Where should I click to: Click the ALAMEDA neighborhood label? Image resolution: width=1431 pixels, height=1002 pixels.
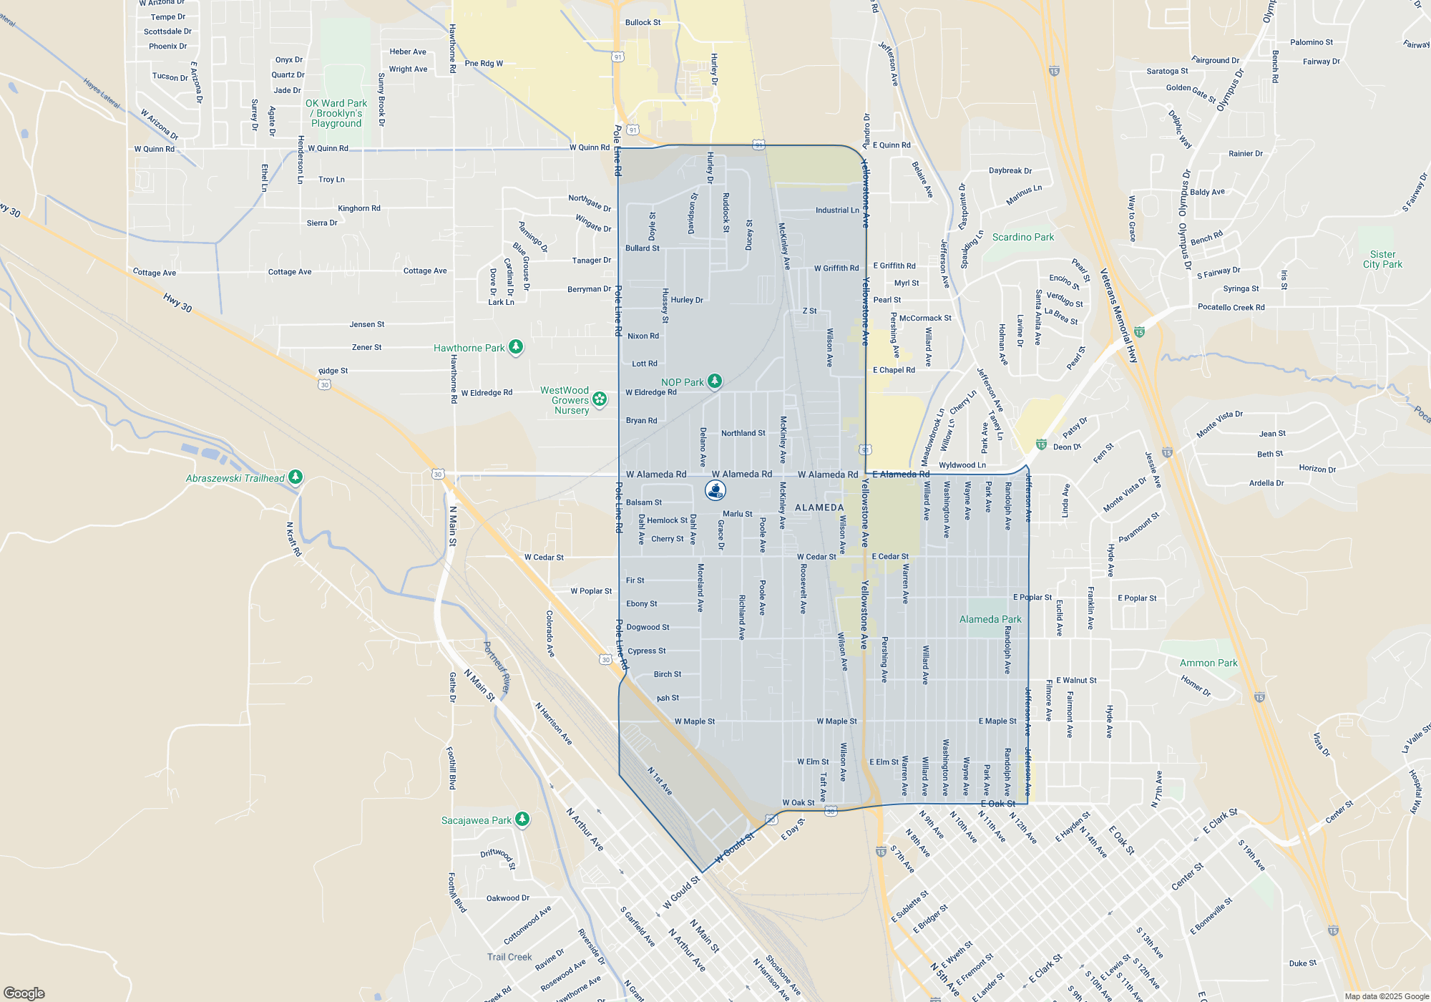[819, 507]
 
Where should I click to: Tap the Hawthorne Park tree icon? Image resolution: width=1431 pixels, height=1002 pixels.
[515, 347]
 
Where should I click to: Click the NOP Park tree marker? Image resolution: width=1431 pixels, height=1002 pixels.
[714, 381]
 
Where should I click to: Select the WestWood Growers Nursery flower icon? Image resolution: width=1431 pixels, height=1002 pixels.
[600, 399]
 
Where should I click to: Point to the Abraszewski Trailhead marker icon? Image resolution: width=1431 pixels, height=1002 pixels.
[296, 477]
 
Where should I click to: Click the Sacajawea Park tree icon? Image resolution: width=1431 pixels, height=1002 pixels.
[522, 819]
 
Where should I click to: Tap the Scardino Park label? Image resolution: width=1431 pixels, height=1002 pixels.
[1022, 237]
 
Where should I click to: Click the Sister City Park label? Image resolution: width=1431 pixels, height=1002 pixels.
[1382, 259]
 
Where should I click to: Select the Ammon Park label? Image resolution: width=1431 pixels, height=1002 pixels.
[1208, 663]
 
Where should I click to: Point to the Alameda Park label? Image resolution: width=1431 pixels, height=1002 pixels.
[990, 619]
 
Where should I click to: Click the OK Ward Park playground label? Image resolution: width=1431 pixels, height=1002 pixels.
[336, 113]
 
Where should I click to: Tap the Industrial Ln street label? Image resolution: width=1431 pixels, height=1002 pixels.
[837, 210]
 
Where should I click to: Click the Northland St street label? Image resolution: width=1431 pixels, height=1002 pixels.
[743, 433]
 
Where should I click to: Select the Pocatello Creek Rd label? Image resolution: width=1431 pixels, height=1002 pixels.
[1231, 307]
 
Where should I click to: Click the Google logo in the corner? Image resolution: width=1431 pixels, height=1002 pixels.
[24, 993]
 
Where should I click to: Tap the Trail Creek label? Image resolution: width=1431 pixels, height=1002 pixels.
[509, 957]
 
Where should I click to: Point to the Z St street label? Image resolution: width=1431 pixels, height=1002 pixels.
[809, 311]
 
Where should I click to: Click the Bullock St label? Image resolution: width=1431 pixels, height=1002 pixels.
[643, 22]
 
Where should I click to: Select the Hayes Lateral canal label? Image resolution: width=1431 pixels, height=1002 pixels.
[102, 93]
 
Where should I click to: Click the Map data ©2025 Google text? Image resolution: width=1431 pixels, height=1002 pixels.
[1386, 996]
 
